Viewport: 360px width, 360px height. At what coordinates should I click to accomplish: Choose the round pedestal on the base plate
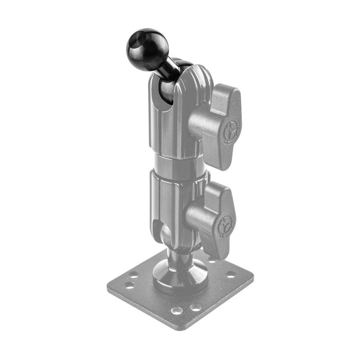tap(180, 277)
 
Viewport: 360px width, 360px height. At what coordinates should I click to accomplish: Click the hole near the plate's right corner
tap(230, 274)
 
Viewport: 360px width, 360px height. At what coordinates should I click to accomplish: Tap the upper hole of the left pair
tap(133, 274)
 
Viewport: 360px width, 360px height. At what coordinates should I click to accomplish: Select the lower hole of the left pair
tap(130, 285)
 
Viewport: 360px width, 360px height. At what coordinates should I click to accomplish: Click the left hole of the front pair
tap(177, 310)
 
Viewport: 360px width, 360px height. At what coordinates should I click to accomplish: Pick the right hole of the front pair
tap(195, 308)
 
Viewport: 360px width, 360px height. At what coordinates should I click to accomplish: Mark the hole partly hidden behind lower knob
tap(211, 260)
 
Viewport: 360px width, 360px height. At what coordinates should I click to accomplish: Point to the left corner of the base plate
tap(108, 285)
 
